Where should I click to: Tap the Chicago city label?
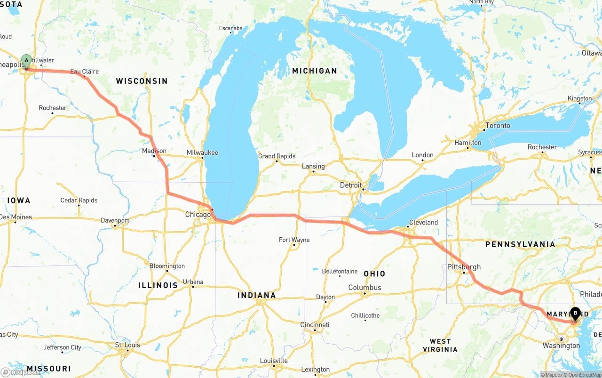click(x=198, y=215)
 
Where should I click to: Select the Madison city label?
click(x=154, y=151)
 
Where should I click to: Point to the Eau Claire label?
click(x=85, y=72)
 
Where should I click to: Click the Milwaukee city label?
click(x=202, y=153)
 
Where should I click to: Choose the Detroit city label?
click(x=351, y=185)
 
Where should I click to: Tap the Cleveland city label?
click(x=423, y=222)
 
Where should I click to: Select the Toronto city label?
click(x=498, y=126)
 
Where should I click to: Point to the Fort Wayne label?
click(x=294, y=240)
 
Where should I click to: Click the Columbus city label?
click(x=364, y=288)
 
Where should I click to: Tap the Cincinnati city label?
click(x=315, y=325)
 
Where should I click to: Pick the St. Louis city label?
click(x=127, y=345)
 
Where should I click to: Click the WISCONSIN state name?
click(x=142, y=81)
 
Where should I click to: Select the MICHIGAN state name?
click(x=315, y=71)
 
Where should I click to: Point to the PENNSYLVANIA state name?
click(x=520, y=244)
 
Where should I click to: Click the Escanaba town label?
click(x=230, y=28)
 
